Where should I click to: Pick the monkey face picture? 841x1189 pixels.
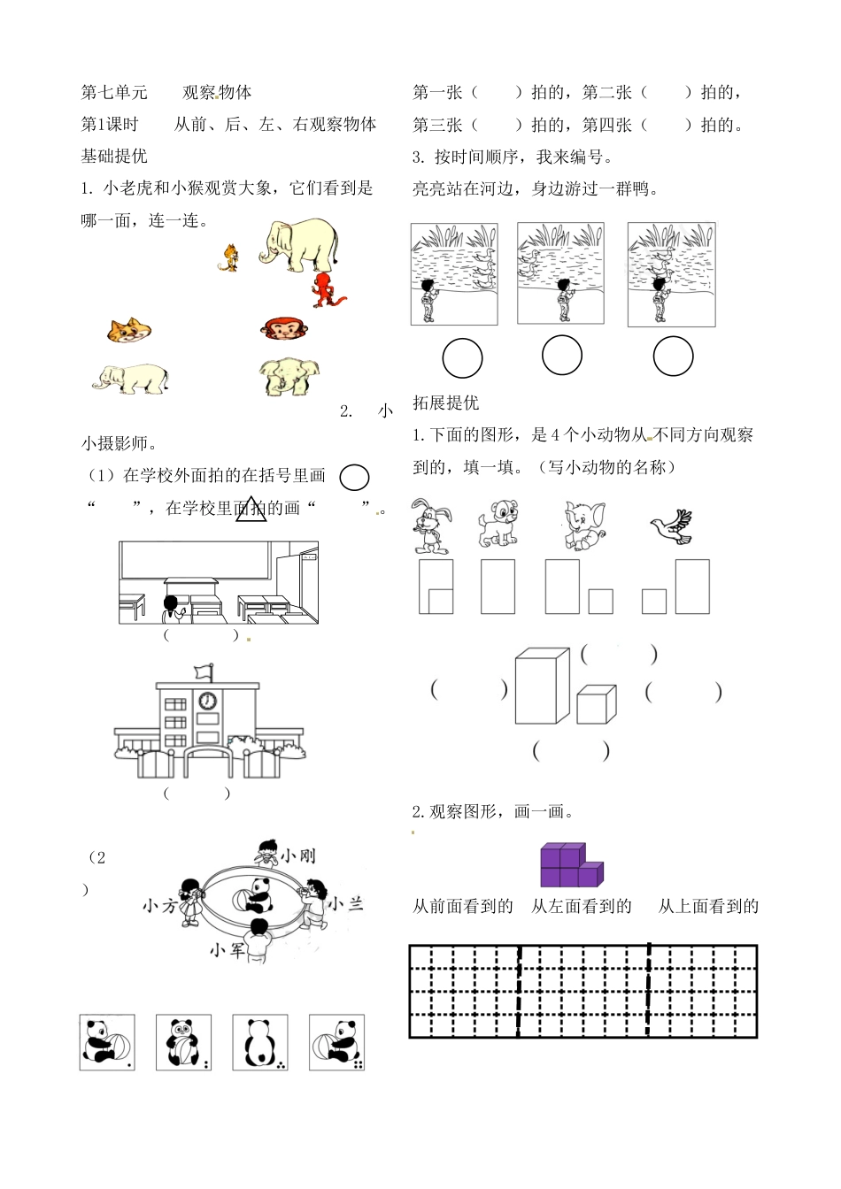[284, 329]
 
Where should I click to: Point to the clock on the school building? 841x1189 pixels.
[207, 701]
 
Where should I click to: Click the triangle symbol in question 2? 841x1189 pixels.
[251, 509]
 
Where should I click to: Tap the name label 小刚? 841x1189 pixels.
[297, 855]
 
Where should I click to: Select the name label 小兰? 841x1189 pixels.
[345, 903]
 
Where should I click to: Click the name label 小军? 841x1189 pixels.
[227, 950]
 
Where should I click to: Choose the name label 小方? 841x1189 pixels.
[160, 906]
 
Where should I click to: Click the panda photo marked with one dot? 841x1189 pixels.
[107, 1043]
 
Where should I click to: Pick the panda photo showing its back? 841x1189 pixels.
[260, 1043]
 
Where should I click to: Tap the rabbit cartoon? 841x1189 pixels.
[431, 526]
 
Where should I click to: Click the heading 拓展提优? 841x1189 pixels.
[445, 403]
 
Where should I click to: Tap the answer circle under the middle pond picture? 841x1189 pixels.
[561, 356]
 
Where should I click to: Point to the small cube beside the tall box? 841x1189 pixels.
[596, 704]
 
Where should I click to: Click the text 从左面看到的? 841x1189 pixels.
[581, 906]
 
